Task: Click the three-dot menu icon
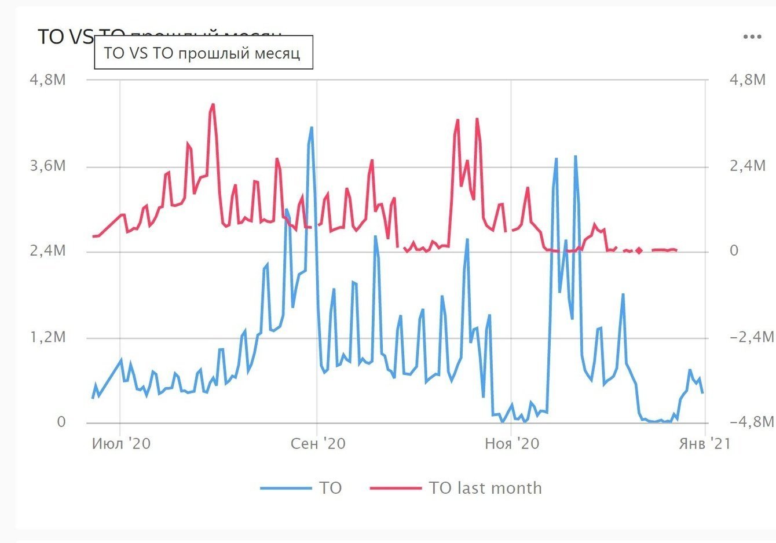coord(752,37)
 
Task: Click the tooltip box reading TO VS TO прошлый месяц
coord(203,53)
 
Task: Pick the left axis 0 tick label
coord(61,422)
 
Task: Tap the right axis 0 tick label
coord(734,252)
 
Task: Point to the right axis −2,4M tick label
coord(751,337)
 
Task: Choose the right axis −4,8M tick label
coord(751,422)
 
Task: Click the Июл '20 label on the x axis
coord(121,444)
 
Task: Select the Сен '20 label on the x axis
coord(318,444)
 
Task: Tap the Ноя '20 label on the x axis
coord(511,444)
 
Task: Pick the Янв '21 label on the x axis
coord(704,444)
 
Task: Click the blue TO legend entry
coord(302,488)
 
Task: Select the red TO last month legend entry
coord(456,488)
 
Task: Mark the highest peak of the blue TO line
coord(312,127)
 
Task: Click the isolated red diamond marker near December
coord(639,250)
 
